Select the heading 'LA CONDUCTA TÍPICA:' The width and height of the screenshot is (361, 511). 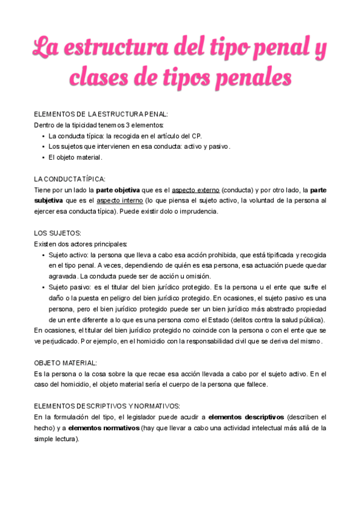pos(69,179)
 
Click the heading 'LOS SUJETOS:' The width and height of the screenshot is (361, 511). pos(57,233)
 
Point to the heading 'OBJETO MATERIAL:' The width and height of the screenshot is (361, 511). pos(65,363)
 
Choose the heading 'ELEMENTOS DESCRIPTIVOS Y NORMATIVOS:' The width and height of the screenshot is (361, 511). pos(107,406)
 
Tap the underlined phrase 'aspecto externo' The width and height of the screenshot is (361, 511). pos(195,190)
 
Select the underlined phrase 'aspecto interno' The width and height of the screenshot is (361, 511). pos(119,201)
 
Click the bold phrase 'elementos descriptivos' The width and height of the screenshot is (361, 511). pos(245,416)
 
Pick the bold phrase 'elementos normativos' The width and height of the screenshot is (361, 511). pos(103,428)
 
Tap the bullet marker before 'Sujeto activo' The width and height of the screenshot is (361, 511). pos(43,255)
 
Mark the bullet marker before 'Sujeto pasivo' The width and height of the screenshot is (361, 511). pos(43,287)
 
